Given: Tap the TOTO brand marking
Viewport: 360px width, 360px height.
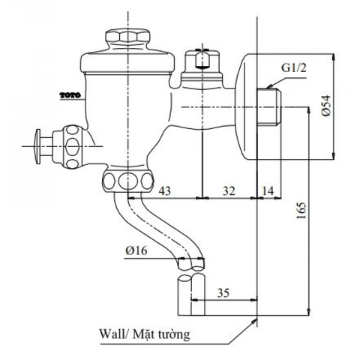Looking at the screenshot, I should click(67, 95).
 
